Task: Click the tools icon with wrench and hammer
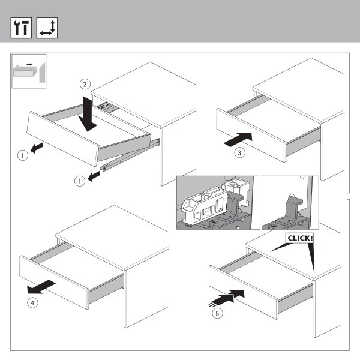[x=21, y=28]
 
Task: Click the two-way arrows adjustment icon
[x=47, y=28]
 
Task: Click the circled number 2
[x=85, y=84]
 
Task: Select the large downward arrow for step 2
[x=87, y=114]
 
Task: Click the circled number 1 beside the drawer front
[x=23, y=155]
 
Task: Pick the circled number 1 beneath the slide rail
[x=80, y=181]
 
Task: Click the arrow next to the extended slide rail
[x=94, y=176]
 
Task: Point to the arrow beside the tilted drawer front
[x=37, y=148]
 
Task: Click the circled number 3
[x=239, y=152]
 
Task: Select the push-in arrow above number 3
[x=238, y=139]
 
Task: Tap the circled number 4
[x=32, y=303]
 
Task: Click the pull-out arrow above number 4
[x=41, y=287]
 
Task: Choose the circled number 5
[x=217, y=313]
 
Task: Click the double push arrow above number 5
[x=227, y=298]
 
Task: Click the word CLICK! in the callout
[x=300, y=238]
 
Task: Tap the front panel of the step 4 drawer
[x=54, y=282]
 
